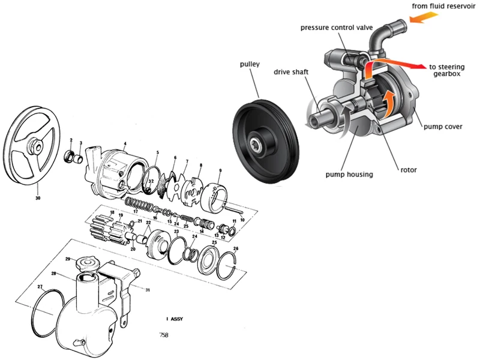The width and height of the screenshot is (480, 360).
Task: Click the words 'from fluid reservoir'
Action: click(446, 6)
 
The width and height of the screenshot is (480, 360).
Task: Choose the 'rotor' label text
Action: click(408, 170)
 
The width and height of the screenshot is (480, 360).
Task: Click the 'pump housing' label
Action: click(349, 175)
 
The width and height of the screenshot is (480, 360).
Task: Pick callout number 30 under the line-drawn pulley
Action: click(38, 197)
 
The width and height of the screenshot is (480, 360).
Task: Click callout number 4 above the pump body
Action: click(125, 143)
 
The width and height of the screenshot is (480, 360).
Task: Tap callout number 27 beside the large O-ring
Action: click(40, 287)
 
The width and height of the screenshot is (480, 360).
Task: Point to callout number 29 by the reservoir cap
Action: click(68, 259)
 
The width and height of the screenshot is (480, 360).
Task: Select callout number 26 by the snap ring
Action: click(235, 248)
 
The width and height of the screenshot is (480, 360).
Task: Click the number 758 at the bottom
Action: click(164, 334)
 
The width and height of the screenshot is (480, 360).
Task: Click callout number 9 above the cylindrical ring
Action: click(220, 171)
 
